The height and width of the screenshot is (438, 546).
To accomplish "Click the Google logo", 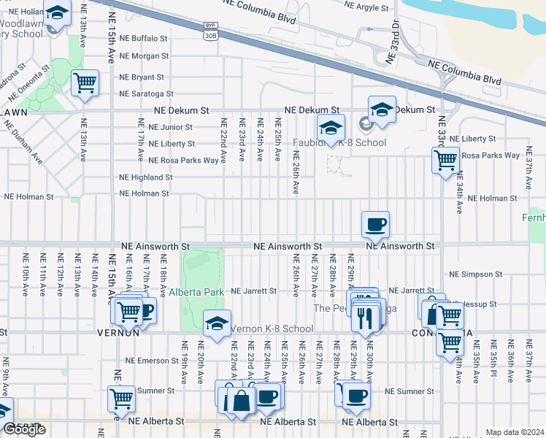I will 23,429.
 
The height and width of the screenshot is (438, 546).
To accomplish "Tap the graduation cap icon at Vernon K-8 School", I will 217,323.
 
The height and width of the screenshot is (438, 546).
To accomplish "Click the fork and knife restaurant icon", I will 366,317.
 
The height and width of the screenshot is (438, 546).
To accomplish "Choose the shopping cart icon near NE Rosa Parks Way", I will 445,159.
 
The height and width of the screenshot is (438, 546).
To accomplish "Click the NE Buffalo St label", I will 143,37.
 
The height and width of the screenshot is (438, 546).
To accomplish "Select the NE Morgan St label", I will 144,55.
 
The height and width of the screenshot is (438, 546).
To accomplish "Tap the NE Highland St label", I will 146,177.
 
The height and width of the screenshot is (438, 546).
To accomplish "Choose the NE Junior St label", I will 170,126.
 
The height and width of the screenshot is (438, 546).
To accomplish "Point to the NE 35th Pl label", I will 493,361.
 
